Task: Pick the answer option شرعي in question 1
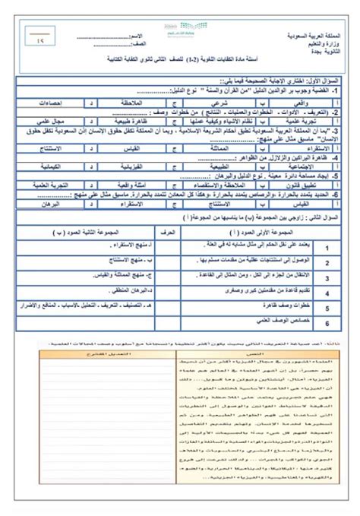tap(225, 100)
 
